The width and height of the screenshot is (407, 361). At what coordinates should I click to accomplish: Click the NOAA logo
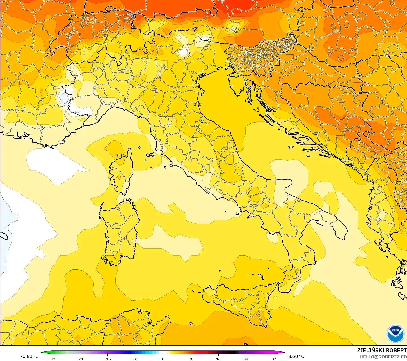(395, 334)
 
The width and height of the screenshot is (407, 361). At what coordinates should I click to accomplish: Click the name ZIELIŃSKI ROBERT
(382, 350)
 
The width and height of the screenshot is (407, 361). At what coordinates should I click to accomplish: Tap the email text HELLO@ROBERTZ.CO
(383, 357)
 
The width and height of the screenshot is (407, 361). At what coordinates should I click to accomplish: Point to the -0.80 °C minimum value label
(29, 356)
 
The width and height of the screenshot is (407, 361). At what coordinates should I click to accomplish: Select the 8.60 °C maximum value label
(296, 356)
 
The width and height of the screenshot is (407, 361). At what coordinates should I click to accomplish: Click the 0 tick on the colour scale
(163, 359)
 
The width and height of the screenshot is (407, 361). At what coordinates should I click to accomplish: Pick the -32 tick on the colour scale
(52, 359)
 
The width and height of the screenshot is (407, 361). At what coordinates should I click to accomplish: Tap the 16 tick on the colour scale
(218, 359)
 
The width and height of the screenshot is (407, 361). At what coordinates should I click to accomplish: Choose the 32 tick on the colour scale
(274, 359)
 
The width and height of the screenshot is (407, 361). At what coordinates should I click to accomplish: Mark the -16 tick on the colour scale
(108, 359)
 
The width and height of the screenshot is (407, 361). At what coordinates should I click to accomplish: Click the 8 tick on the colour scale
(191, 359)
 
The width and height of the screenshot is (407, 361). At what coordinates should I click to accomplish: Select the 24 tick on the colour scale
(246, 359)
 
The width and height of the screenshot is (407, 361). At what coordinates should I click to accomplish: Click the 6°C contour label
(371, 134)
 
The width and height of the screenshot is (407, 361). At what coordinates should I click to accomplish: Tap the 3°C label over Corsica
(120, 155)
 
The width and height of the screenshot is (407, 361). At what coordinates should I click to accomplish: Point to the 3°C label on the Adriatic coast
(197, 104)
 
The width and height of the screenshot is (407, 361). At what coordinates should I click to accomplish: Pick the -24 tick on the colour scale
(80, 359)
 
